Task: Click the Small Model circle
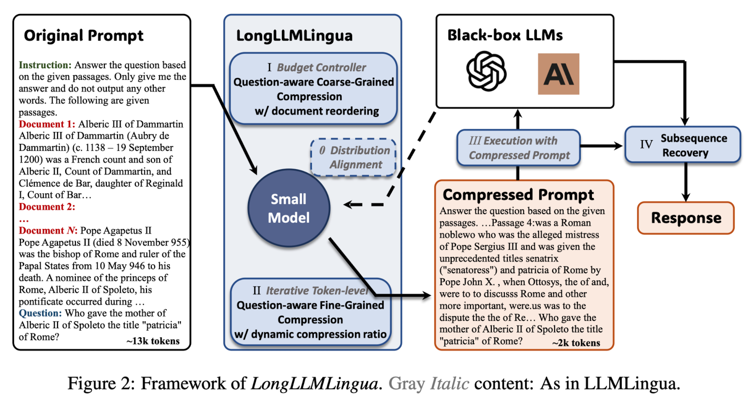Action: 289,208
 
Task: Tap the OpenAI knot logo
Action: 486,71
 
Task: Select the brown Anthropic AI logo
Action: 559,74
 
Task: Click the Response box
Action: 686,218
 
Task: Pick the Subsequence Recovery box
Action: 683,145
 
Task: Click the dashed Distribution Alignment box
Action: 353,157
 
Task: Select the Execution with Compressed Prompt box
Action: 518,148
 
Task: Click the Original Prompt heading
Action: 84,36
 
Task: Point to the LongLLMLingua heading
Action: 295,36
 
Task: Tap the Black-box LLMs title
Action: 505,35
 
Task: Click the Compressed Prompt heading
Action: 518,195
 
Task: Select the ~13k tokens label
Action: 153,341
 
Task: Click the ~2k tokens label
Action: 576,343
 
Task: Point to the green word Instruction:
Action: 45,65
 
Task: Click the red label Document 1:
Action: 47,124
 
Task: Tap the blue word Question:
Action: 40,313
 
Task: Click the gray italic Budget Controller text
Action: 321,68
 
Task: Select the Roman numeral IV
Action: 647,144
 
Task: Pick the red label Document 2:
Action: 47,207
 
